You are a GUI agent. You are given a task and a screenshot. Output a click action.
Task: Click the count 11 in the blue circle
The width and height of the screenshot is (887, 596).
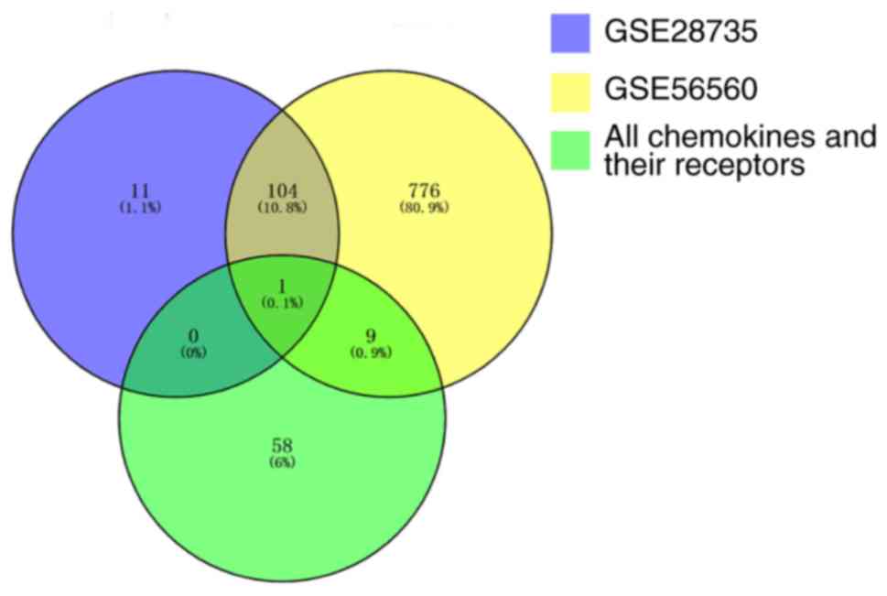pos(139,190)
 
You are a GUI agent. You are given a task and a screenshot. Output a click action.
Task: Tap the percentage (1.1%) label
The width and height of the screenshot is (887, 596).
pos(139,208)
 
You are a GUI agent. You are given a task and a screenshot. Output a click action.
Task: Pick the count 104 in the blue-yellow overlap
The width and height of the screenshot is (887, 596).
pos(283,190)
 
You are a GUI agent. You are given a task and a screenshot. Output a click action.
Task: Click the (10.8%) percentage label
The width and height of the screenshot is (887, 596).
pos(283,208)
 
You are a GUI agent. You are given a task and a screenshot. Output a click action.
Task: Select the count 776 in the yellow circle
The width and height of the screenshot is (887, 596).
pos(425,190)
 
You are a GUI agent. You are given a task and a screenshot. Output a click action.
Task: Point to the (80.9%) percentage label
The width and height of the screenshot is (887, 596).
pos(425,208)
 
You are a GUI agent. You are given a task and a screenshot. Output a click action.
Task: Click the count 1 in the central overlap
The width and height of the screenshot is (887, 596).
pos(283,286)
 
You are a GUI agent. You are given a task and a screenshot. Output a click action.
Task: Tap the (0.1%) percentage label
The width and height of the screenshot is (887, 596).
pos(283,303)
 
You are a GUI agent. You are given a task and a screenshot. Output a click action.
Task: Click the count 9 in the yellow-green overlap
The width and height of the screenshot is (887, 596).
pos(370,335)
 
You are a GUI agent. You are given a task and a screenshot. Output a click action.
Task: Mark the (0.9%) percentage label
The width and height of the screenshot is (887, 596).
pos(370,352)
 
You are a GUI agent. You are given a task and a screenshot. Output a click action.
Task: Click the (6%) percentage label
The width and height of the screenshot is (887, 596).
pos(282,462)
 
